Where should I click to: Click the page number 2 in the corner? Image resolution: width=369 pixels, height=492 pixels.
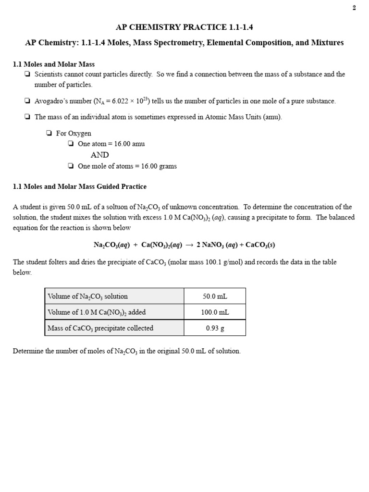coord(354,7)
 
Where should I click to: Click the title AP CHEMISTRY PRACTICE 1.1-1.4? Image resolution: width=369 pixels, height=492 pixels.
coord(184,27)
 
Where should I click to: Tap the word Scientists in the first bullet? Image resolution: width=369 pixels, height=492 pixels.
coord(49,74)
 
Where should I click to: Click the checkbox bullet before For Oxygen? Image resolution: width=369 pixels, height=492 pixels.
coord(49,134)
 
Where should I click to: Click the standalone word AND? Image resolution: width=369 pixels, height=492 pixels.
coord(100,155)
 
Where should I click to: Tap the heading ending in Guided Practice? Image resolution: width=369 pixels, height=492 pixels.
coord(80,186)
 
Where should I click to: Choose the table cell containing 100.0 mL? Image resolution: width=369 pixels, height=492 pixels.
coord(215,312)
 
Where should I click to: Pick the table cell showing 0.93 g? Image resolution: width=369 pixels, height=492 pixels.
coord(215,328)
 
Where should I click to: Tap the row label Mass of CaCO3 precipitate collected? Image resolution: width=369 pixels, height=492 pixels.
coord(100,328)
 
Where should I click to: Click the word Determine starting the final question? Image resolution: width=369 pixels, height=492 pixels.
coord(28,351)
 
